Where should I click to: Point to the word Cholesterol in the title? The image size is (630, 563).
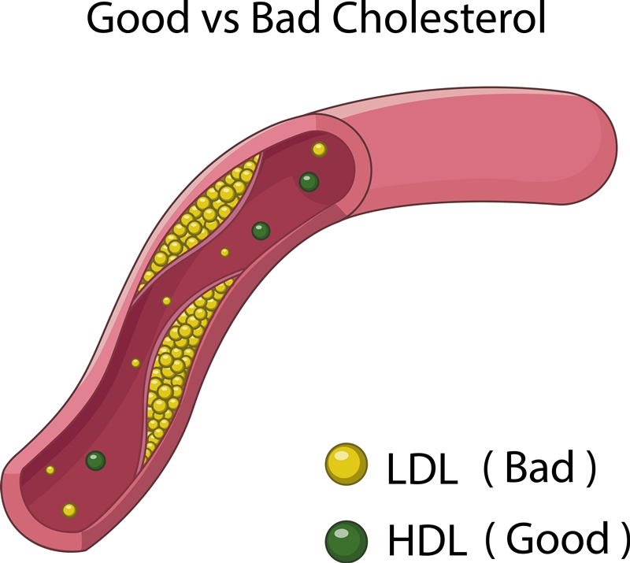point(438,20)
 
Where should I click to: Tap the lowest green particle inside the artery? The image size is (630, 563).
point(96,461)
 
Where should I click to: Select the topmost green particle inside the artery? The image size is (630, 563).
point(309,183)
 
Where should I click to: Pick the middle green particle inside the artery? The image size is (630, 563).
point(261,231)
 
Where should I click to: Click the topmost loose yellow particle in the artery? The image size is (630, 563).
point(319,150)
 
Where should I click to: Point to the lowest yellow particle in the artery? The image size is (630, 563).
point(69,510)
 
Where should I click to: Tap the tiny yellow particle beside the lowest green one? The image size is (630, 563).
point(50,470)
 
